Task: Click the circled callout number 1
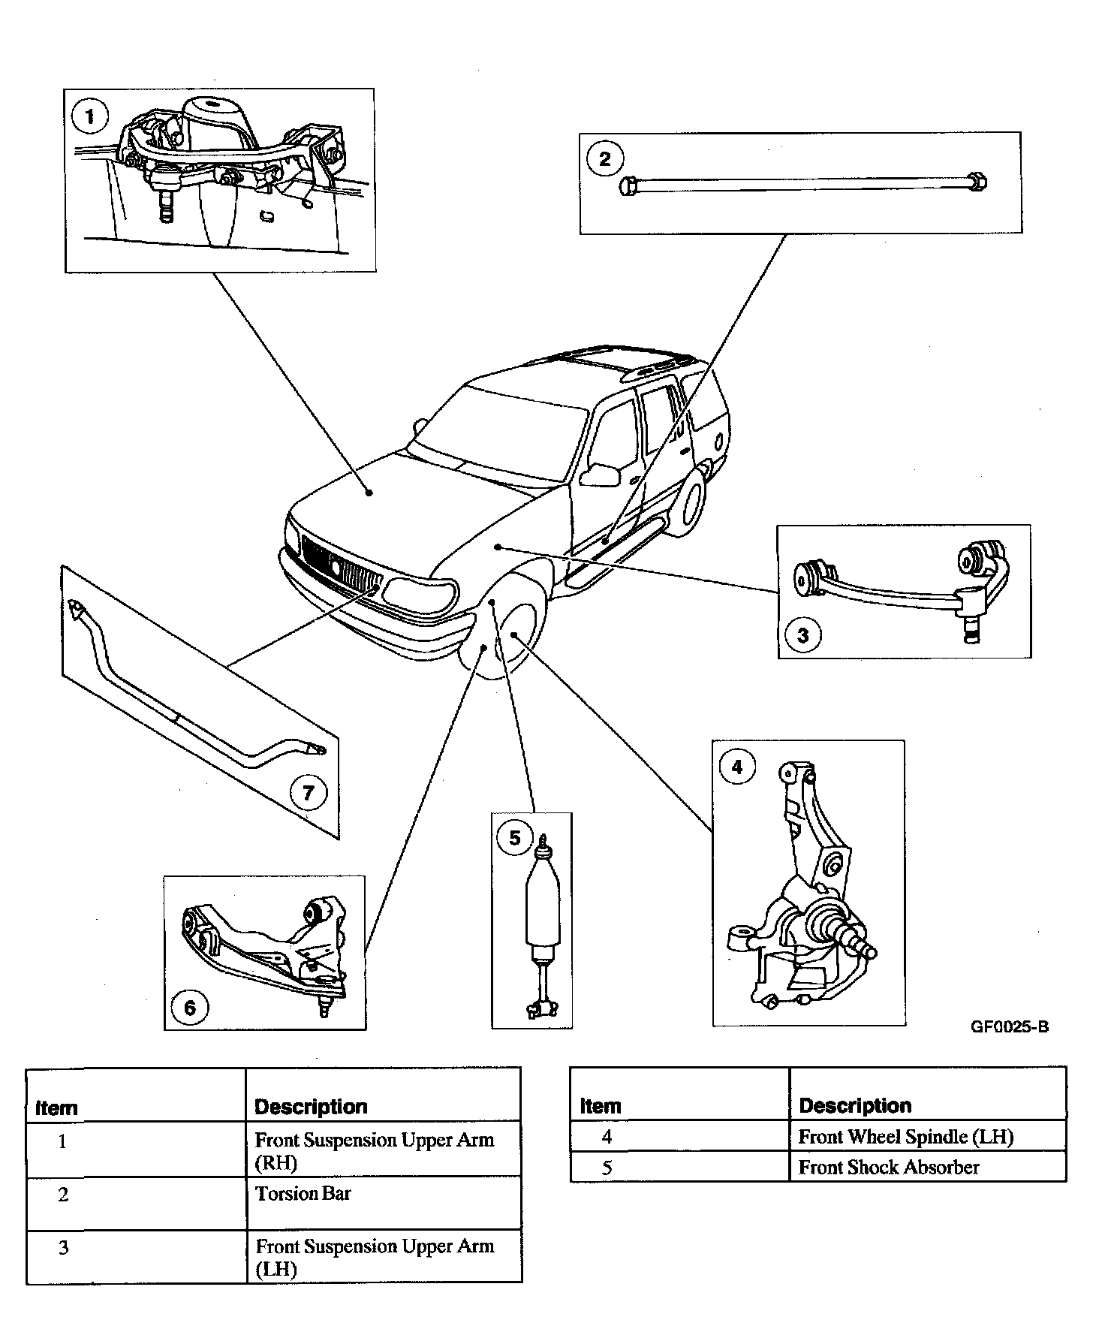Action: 91,117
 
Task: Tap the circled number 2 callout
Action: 605,159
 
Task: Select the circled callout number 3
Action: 803,635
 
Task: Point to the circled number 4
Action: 736,767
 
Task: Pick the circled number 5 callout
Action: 515,838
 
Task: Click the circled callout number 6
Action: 189,1008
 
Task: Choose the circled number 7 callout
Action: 309,794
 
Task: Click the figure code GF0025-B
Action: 1010,1027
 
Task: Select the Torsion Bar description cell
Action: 303,1194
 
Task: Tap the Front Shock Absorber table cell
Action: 889,1168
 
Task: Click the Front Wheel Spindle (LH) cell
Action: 906,1137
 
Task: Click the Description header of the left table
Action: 311,1107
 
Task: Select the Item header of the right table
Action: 601,1106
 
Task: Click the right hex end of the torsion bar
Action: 977,181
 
